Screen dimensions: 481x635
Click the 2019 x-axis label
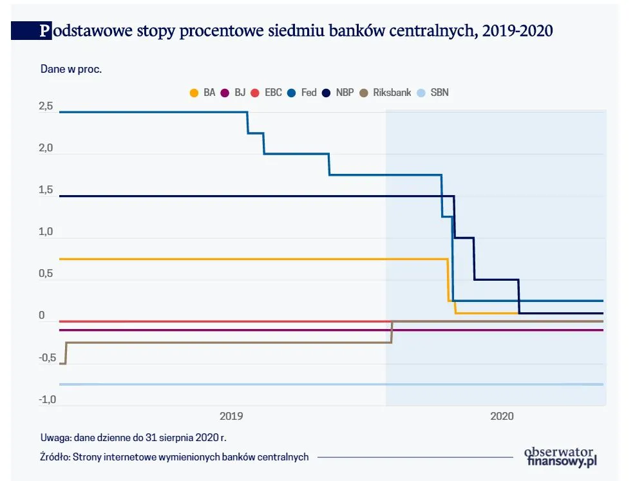(231, 417)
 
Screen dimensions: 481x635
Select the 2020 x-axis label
(502, 417)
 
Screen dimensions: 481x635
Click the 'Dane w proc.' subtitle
(71, 70)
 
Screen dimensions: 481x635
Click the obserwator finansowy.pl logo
(561, 456)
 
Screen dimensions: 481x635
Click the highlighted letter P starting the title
(44, 31)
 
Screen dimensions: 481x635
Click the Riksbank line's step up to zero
(392, 332)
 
